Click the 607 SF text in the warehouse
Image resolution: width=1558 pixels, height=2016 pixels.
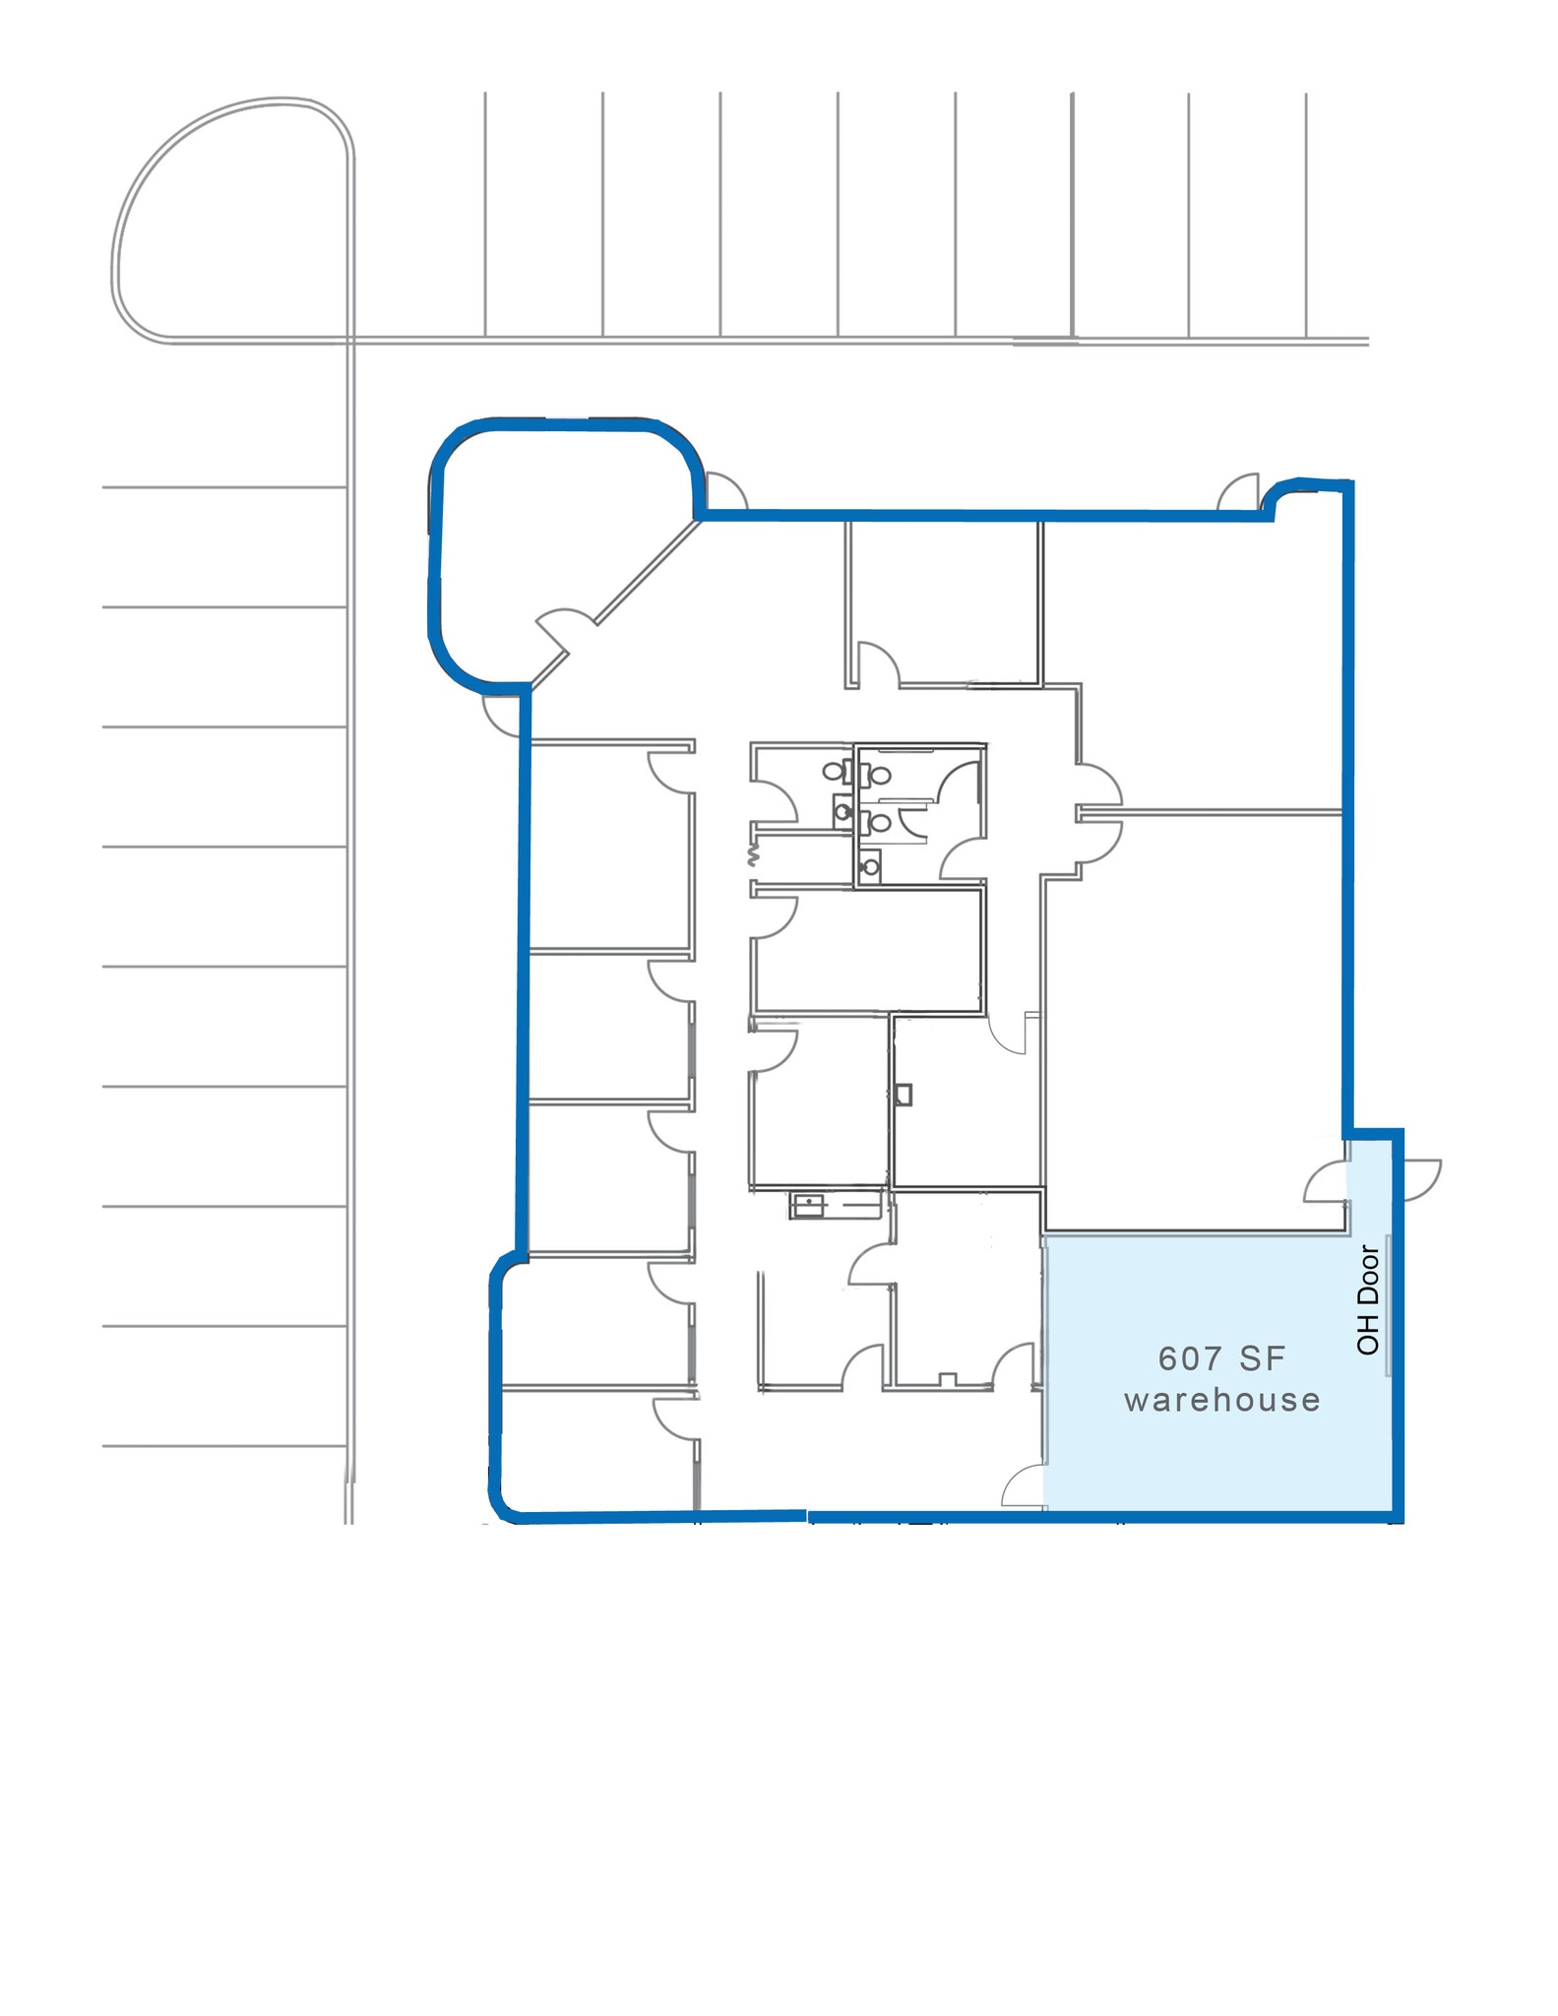click(x=1221, y=1359)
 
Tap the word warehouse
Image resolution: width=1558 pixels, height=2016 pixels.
click(x=1221, y=1400)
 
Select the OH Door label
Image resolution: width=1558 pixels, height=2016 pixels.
click(x=1368, y=1299)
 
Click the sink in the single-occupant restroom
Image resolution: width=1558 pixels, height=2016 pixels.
click(x=842, y=812)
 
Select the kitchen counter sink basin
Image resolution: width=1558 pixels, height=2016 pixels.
click(x=805, y=1205)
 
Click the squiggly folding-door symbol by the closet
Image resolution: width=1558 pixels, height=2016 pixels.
click(x=755, y=852)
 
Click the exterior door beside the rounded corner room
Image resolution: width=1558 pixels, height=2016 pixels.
click(x=724, y=492)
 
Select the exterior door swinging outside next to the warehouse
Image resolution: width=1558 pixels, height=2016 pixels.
click(x=1419, y=1178)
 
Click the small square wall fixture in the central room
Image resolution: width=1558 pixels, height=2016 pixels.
click(x=904, y=1094)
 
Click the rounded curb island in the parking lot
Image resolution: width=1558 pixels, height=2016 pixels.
click(x=231, y=221)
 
